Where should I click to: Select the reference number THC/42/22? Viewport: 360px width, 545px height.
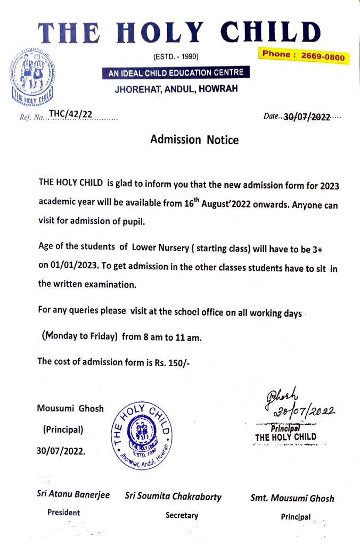71,114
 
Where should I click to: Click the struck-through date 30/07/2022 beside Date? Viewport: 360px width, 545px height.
307,117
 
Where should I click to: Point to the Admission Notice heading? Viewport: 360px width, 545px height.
194,140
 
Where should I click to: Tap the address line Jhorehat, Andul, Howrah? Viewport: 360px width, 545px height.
177,89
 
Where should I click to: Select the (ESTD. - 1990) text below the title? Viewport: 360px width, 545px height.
176,56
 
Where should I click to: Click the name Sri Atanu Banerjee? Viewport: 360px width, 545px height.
73,494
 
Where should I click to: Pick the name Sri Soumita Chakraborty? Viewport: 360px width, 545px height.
173,497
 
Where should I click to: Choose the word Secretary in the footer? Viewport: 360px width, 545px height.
182,515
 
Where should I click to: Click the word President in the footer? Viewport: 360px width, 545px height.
63,513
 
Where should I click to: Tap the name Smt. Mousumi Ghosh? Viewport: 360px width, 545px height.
292,499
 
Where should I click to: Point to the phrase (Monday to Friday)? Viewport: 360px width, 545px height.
79,337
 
